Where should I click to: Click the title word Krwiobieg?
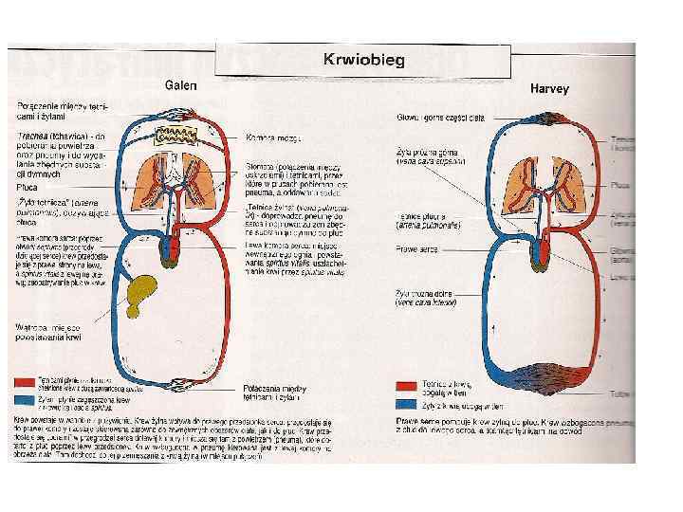364,60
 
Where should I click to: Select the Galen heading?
181,84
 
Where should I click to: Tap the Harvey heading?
548,89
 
